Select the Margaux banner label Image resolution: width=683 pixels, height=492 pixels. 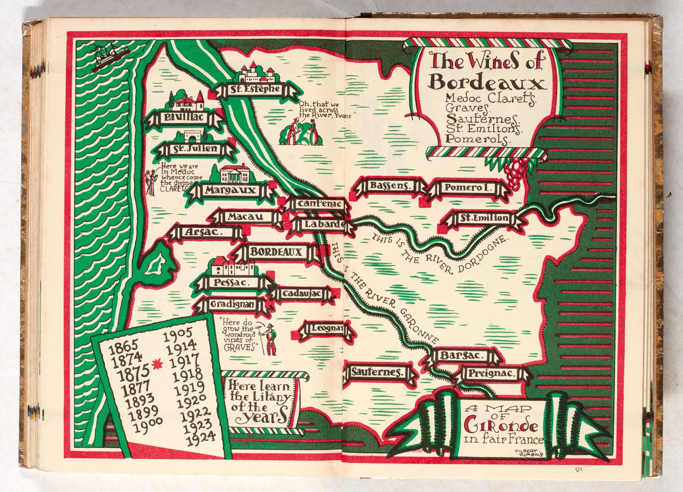point(230,190)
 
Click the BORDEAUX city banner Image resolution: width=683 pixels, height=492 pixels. point(276,252)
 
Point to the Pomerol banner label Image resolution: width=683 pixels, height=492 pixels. point(467,187)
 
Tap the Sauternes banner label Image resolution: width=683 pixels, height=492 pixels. point(378,372)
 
